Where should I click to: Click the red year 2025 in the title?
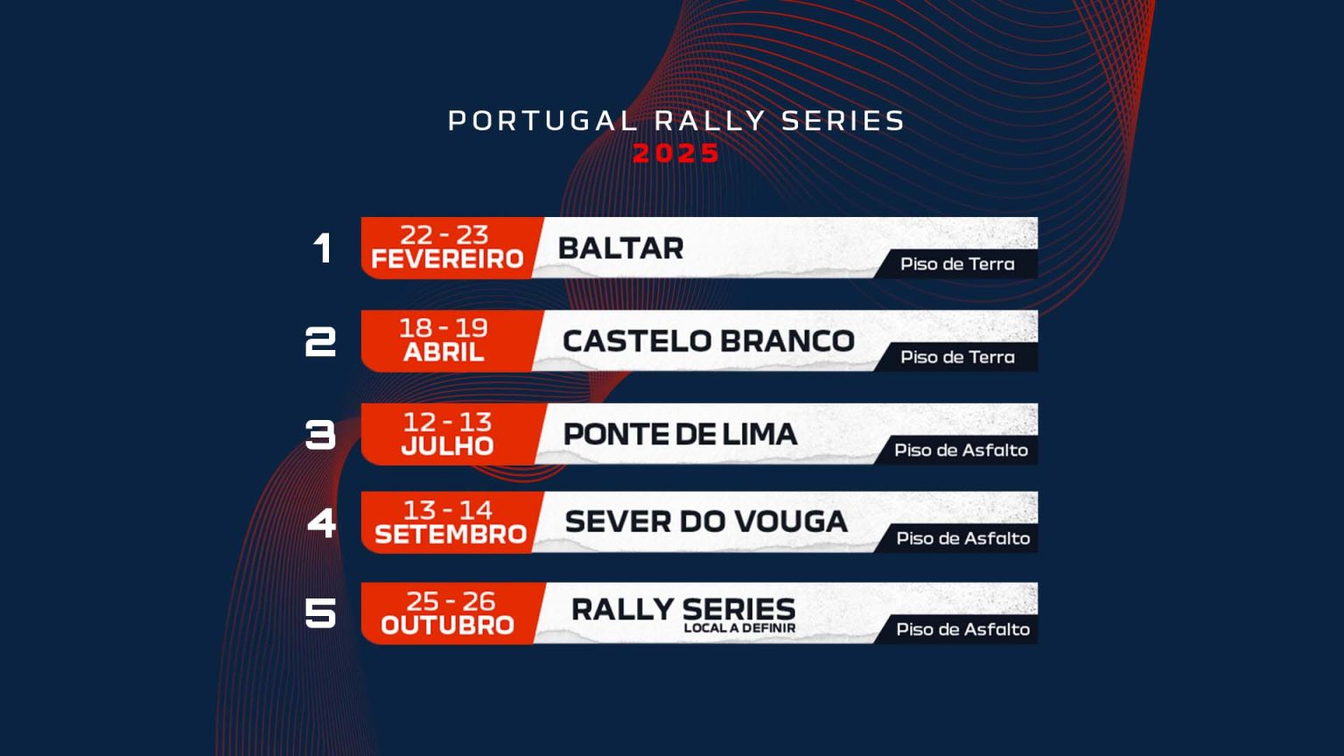(675, 153)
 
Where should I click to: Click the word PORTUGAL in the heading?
(542, 121)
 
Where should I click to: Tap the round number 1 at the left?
(323, 248)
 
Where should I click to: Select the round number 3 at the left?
(320, 434)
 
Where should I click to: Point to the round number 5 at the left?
(320, 612)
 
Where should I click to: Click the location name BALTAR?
(620, 248)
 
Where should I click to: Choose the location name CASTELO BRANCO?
(708, 341)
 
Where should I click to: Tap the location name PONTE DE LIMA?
(680, 434)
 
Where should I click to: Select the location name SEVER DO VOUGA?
(706, 521)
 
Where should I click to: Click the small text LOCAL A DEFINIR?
(739, 628)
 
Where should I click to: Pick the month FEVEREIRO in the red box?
(447, 260)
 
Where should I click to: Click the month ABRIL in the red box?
(444, 353)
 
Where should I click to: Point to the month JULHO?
(447, 446)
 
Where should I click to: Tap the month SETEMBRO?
(450, 535)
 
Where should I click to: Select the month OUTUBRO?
(447, 626)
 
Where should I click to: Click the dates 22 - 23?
(444, 234)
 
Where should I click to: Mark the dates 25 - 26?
(451, 601)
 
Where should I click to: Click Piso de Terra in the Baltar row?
(957, 264)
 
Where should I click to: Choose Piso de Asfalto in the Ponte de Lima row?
(961, 451)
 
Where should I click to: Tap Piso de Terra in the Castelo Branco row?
(957, 357)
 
